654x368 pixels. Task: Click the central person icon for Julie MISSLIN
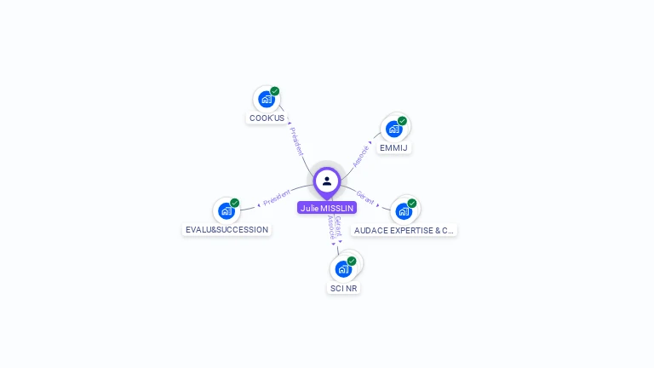coord(327,181)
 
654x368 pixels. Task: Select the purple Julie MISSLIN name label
coord(327,208)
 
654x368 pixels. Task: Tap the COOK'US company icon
coord(267,99)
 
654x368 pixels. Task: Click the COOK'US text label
coord(267,118)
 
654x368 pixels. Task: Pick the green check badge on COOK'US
coord(275,91)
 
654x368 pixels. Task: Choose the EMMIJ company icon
coord(393,129)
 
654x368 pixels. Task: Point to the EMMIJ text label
coord(393,148)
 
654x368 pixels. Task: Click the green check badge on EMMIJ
coord(402,121)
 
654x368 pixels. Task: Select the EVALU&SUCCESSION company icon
coord(226,210)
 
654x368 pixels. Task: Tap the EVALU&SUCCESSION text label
coord(227,230)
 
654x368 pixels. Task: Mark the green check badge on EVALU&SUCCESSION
coord(235,203)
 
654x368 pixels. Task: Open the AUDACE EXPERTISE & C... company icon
coord(404,210)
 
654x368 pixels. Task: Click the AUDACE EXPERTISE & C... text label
coord(404,230)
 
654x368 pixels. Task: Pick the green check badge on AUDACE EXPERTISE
coord(412,203)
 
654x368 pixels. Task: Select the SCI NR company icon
coord(343,268)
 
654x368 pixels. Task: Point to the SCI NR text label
coord(343,289)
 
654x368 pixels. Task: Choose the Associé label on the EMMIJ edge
coord(361,155)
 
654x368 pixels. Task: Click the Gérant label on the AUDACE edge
coord(365,198)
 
